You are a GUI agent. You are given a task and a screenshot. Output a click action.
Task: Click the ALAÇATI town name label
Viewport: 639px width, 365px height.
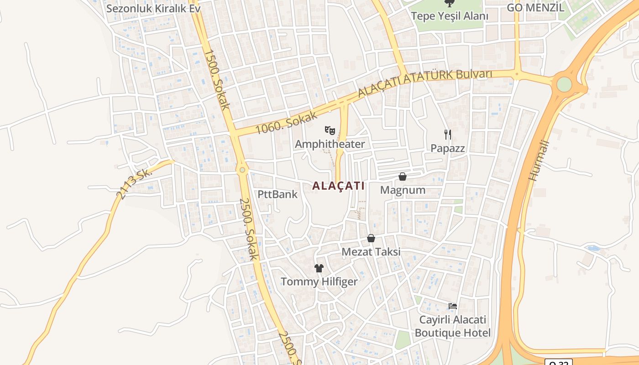pyautogui.click(x=338, y=186)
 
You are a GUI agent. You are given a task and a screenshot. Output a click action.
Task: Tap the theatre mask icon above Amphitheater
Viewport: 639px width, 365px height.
pyautogui.click(x=330, y=130)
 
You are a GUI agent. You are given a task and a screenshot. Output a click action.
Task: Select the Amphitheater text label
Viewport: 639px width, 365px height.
pyautogui.click(x=330, y=145)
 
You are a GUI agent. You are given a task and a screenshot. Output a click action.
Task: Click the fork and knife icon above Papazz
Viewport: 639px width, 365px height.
pyautogui.click(x=448, y=134)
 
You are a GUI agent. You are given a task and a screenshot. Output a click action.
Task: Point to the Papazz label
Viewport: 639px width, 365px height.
pyautogui.click(x=448, y=148)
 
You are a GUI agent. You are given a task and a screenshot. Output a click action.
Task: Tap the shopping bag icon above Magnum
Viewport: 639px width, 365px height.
pyautogui.click(x=403, y=177)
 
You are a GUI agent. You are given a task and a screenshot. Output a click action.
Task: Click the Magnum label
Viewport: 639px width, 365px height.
pyautogui.click(x=403, y=190)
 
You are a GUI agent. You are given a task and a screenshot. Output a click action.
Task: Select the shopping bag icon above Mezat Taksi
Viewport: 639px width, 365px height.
pyautogui.click(x=371, y=238)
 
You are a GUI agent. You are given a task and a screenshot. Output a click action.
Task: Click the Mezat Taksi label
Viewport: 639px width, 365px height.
pyautogui.click(x=371, y=252)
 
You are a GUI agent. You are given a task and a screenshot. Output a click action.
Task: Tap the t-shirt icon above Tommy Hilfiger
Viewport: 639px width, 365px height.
pyautogui.click(x=319, y=268)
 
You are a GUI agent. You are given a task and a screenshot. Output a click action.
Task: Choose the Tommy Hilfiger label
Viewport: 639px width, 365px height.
pyautogui.click(x=319, y=282)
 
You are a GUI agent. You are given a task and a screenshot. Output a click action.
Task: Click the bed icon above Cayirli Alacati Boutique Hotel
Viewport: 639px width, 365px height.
pyautogui.click(x=453, y=306)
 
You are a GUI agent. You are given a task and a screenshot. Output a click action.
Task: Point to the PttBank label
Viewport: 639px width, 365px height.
pyautogui.click(x=278, y=194)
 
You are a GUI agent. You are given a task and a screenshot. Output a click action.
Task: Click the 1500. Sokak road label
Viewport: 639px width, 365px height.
pyautogui.click(x=217, y=80)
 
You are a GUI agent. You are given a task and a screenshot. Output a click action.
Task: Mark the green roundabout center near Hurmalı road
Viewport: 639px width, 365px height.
pyautogui.click(x=564, y=84)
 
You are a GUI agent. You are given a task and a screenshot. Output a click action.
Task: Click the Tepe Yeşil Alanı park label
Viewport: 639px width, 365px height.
pyautogui.click(x=450, y=16)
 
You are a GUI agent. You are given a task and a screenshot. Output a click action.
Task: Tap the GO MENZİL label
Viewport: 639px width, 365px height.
pyautogui.click(x=535, y=7)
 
